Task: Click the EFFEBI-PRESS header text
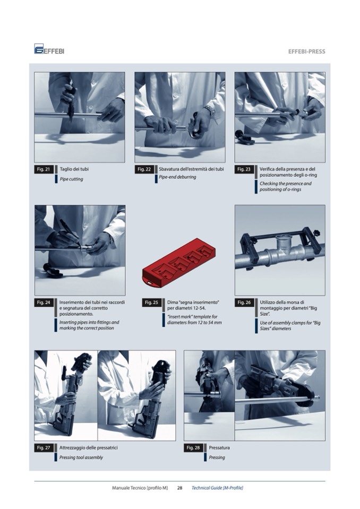(x=306, y=51)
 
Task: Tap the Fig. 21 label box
(x=44, y=169)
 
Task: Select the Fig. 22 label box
(x=144, y=169)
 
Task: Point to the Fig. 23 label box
(x=244, y=169)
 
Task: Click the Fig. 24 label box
(x=44, y=303)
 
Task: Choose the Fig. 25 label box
(x=151, y=303)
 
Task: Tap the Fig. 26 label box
(x=244, y=303)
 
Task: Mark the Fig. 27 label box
(x=44, y=447)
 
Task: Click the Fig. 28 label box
(x=193, y=447)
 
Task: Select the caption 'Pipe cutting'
(x=71, y=179)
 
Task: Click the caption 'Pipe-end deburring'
(x=177, y=177)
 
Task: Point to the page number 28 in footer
(x=179, y=488)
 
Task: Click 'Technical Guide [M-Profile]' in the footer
(x=217, y=488)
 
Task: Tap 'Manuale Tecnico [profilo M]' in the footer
(x=140, y=488)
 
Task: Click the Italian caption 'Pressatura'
(x=219, y=447)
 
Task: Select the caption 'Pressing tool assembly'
(x=81, y=458)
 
